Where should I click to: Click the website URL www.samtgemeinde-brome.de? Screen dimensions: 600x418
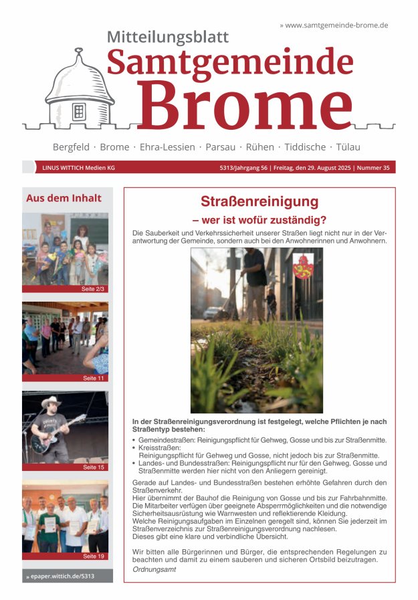pos(336,25)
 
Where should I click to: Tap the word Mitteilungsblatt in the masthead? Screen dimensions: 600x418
pos(168,37)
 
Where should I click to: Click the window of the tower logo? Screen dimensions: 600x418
pos(79,111)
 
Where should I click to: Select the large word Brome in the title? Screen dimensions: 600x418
pos(245,104)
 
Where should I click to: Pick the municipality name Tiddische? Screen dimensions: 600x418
pos(305,147)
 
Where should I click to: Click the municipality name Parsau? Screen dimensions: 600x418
pos(220,147)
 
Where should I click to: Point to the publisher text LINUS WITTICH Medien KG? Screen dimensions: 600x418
pos(78,168)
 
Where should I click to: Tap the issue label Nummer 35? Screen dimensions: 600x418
pos(376,168)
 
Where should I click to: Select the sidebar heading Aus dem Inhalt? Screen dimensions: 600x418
pos(64,198)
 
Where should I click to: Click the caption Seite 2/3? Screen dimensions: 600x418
pos(93,289)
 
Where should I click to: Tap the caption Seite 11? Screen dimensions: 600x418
pos(94,378)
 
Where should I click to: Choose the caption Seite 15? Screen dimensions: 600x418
pos(94,467)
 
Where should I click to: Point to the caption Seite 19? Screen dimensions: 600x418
pos(94,556)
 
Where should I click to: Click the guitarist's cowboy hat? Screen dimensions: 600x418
pos(51,403)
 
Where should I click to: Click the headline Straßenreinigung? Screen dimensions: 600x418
pos(259,202)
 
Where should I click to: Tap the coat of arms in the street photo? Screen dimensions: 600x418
pos(303,266)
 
